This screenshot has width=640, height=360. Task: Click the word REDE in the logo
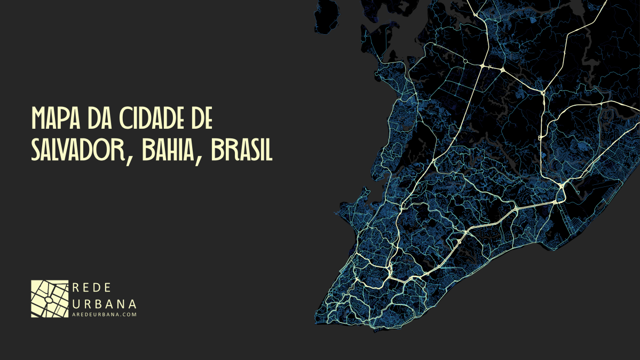(91, 288)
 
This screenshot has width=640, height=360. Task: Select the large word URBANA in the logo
(104, 304)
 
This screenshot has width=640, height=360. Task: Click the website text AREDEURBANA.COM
(104, 315)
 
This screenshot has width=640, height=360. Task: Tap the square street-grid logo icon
(50, 299)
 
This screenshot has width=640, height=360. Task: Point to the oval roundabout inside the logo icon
(48, 300)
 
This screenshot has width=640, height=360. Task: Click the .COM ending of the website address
(130, 315)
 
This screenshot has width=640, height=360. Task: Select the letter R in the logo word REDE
(75, 288)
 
